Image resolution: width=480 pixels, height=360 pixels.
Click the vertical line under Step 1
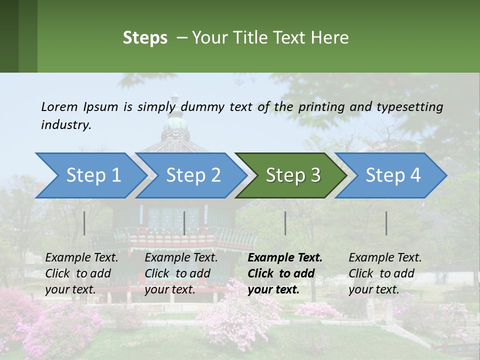point(84,223)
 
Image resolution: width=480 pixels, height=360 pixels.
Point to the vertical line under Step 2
point(184,223)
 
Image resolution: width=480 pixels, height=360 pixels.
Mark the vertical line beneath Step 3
point(285,223)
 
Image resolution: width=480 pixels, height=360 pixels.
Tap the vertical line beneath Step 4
point(386,223)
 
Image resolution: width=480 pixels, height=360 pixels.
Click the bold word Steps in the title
point(145,38)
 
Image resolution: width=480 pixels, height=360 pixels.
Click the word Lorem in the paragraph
point(59,106)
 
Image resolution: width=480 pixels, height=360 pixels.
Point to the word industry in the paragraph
point(65,125)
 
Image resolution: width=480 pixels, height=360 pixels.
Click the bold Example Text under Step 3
point(285,258)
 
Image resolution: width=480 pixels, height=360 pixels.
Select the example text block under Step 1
point(81,273)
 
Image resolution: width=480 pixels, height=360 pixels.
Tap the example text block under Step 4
point(385,273)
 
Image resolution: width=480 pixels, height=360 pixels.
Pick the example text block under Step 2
point(181,273)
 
